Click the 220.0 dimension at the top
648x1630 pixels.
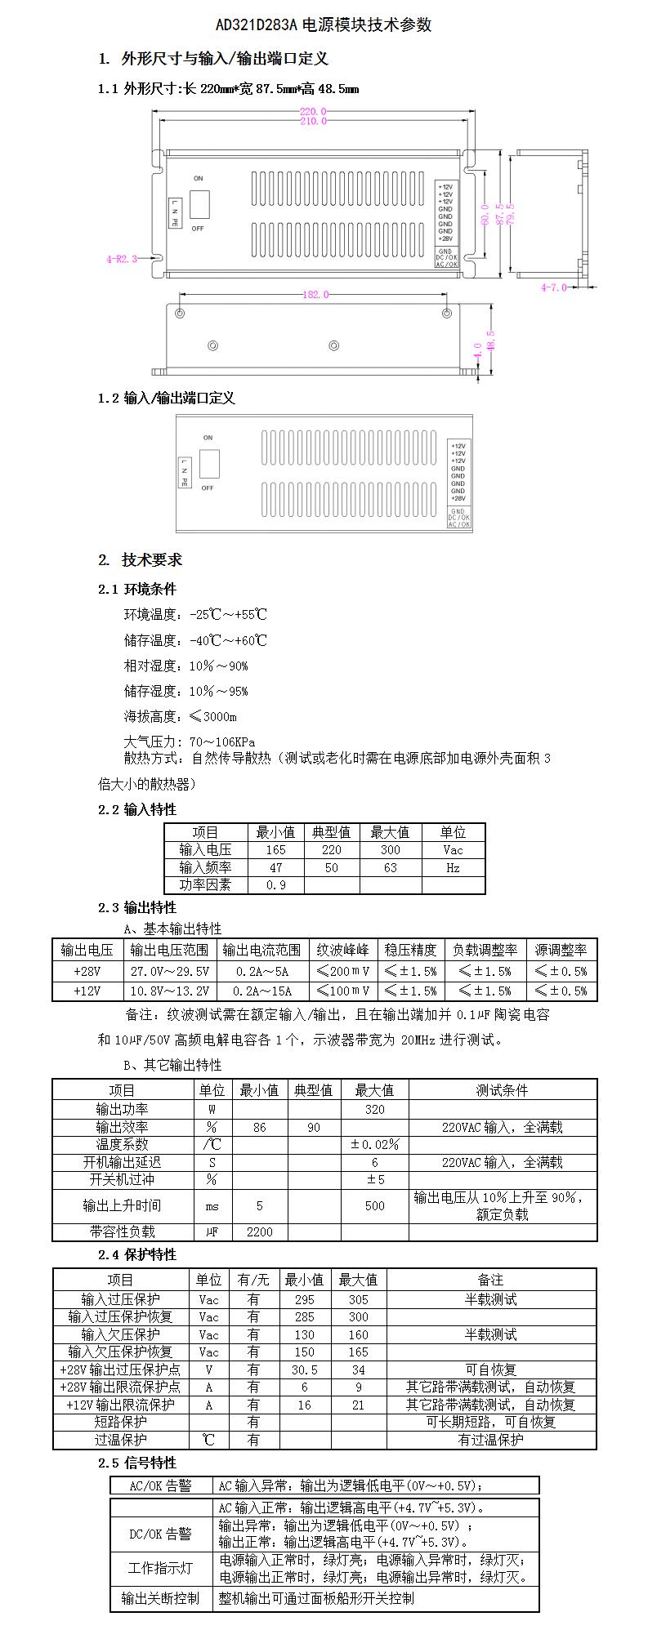point(313,111)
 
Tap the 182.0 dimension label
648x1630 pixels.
point(315,295)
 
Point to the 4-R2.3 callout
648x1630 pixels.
point(121,259)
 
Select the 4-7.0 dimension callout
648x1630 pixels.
point(554,287)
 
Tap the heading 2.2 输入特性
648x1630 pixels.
point(137,809)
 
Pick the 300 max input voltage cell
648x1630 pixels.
point(390,850)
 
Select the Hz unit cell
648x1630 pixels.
point(453,868)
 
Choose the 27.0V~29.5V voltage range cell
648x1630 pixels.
point(170,972)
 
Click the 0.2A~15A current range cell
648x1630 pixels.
point(263,991)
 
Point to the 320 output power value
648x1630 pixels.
point(374,1110)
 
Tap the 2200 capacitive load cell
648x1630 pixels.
point(259,1231)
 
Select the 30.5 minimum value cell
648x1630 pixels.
point(304,1369)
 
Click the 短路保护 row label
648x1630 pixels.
point(121,1422)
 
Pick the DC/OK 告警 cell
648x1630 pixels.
point(161,1534)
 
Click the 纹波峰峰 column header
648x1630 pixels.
point(343,950)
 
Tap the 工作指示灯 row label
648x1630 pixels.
point(161,1569)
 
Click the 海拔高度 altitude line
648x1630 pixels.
point(180,717)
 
